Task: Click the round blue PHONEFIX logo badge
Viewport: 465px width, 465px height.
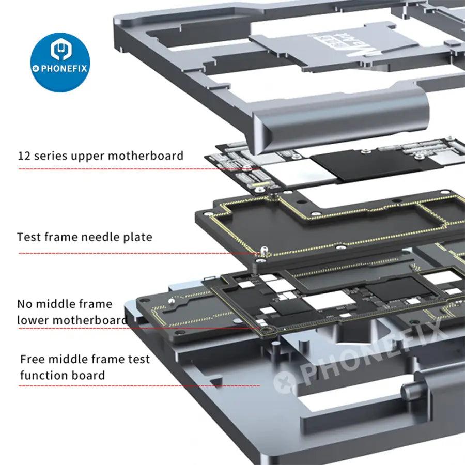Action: (x=60, y=60)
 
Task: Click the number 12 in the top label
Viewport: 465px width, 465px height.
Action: (x=24, y=156)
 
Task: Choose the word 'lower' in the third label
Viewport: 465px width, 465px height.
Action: (x=32, y=320)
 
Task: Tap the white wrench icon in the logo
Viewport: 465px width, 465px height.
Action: (x=60, y=51)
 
